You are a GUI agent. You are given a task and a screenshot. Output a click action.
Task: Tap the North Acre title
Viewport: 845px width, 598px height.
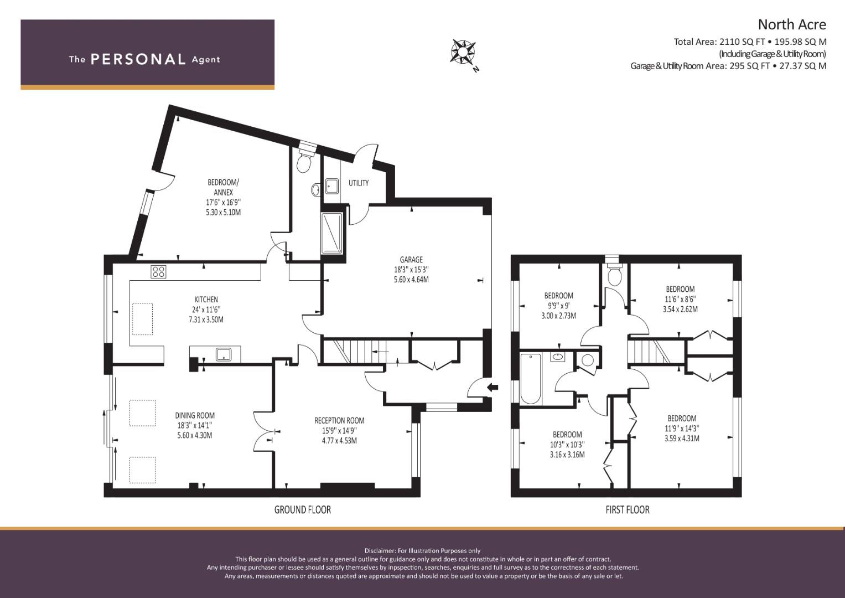(x=792, y=25)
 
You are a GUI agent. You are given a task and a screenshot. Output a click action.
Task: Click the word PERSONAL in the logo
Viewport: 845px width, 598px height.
(x=138, y=59)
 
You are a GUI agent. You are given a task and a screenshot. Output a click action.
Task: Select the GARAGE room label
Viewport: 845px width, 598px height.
(x=411, y=260)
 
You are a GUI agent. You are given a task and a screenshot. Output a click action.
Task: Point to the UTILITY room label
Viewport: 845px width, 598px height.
(x=359, y=183)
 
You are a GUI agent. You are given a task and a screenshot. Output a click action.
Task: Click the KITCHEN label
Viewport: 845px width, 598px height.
(x=206, y=300)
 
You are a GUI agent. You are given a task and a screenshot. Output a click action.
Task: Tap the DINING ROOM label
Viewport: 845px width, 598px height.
(x=195, y=415)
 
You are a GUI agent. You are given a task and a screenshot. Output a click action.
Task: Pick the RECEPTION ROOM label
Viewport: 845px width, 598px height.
(x=340, y=420)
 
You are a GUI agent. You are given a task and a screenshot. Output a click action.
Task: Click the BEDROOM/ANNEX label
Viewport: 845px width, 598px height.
(x=224, y=187)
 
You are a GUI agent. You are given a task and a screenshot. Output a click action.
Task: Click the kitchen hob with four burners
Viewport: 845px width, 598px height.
(x=158, y=272)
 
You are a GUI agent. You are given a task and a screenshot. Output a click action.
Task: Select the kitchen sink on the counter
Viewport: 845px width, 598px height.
(x=224, y=354)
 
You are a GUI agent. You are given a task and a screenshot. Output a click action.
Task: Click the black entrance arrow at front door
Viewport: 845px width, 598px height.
(x=493, y=387)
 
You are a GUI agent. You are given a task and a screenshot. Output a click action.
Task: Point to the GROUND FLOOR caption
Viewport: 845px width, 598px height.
(x=303, y=509)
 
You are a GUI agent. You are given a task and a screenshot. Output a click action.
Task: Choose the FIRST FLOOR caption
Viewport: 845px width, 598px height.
(x=628, y=509)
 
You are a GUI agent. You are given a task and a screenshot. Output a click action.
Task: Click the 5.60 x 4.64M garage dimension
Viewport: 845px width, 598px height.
(x=411, y=280)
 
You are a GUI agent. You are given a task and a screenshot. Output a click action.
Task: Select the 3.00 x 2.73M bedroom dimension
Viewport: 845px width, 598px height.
(x=559, y=316)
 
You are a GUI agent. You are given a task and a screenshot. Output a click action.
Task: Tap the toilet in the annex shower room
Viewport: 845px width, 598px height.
(x=304, y=161)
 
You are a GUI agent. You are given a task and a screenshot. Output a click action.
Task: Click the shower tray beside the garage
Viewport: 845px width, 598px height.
(x=332, y=233)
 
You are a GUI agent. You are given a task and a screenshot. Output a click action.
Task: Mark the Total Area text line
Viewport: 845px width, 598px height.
(x=750, y=42)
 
